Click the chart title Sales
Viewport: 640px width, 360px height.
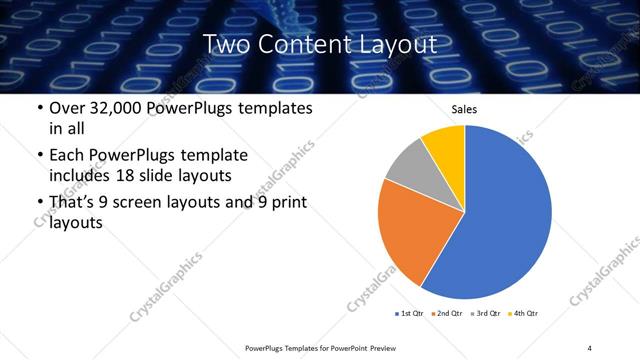coord(465,109)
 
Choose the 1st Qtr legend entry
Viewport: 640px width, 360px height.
coord(410,314)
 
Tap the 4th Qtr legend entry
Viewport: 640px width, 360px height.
coord(524,314)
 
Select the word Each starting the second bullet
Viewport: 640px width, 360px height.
coord(68,155)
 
